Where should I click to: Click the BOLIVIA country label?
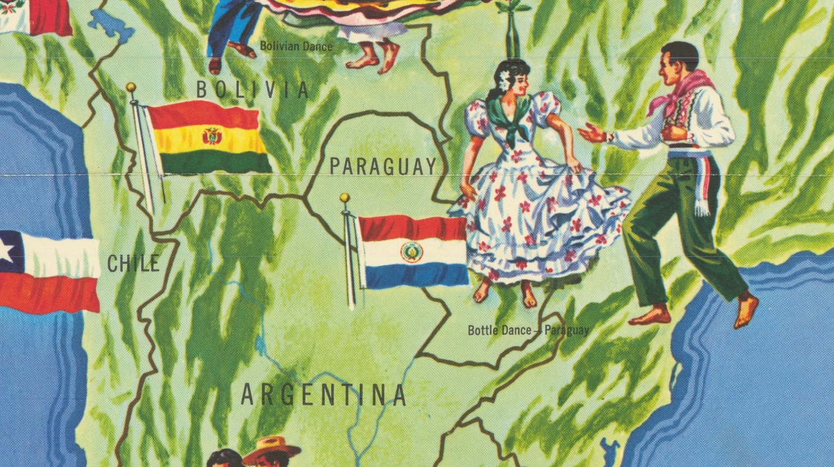click(x=252, y=90)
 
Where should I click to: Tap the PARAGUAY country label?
click(x=382, y=166)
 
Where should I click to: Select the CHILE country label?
click(x=133, y=264)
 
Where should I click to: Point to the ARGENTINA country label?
click(x=323, y=395)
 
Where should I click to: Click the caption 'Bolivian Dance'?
click(x=296, y=46)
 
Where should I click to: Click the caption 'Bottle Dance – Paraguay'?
click(x=528, y=330)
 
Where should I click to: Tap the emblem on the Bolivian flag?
click(x=212, y=136)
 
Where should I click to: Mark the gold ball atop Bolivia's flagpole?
click(x=131, y=87)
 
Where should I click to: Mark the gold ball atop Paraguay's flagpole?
click(x=345, y=198)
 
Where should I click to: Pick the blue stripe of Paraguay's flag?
click(x=415, y=275)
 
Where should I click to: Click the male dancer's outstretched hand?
click(x=590, y=134)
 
